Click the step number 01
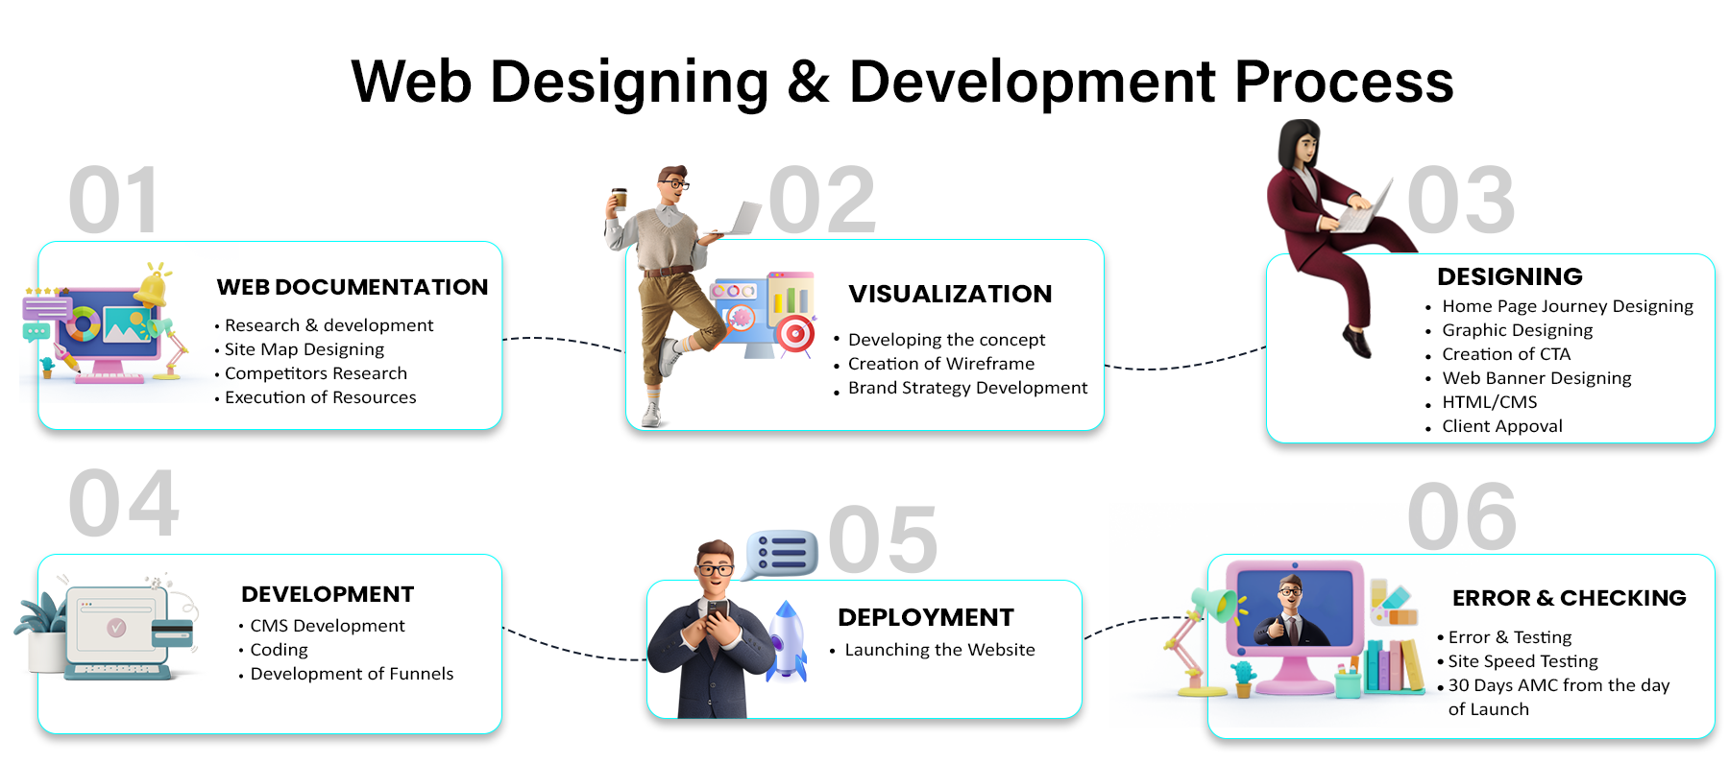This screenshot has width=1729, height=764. click(113, 201)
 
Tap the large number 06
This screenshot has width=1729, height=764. click(1461, 517)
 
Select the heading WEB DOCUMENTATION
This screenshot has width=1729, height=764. click(353, 287)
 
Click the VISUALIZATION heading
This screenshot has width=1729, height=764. click(950, 294)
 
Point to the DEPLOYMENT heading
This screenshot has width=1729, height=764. click(926, 617)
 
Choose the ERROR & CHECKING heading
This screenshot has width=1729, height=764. click(1570, 598)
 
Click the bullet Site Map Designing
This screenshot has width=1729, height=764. click(304, 349)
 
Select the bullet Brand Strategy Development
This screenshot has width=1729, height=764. click(967, 388)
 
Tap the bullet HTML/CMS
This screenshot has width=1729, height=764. click(1489, 402)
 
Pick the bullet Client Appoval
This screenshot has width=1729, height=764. click(1502, 426)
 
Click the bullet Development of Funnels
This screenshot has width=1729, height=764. click(352, 674)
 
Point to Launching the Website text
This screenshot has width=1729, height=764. click(939, 650)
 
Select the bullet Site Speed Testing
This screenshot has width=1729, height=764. click(1522, 661)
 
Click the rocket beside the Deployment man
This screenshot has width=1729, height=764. click(788, 641)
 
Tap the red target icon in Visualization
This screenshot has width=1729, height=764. click(795, 334)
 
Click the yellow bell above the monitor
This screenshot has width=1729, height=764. click(152, 287)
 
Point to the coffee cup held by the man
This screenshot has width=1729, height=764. click(620, 198)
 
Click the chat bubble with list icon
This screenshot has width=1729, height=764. click(781, 554)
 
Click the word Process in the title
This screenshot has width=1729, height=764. click(1344, 83)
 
